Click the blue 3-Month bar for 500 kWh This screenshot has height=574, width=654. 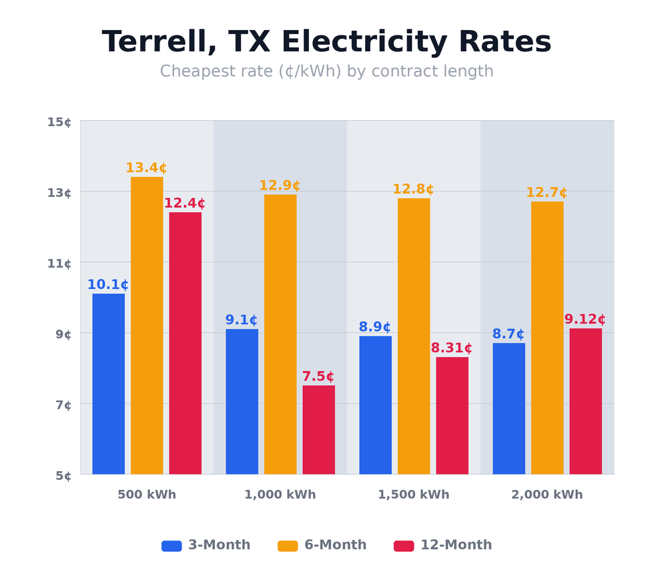pos(108,384)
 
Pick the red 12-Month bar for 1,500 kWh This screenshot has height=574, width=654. pos(452,415)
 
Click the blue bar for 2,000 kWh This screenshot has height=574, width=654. pos(509,408)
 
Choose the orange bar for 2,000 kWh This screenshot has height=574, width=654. pos(547,338)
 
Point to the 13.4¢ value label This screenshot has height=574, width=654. pos(146,168)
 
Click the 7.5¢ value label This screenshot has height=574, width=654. pos(318,376)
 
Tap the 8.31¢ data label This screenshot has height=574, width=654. pos(452,348)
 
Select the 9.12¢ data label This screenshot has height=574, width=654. pos(585,320)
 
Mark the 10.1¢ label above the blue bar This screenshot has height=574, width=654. pos(108,285)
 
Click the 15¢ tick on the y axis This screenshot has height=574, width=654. pos(59,122)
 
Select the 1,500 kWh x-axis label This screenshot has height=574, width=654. pos(414,495)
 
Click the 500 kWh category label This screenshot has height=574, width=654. pos(147,495)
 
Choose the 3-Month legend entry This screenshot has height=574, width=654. pos(206,545)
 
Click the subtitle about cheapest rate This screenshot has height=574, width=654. pos(326,71)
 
